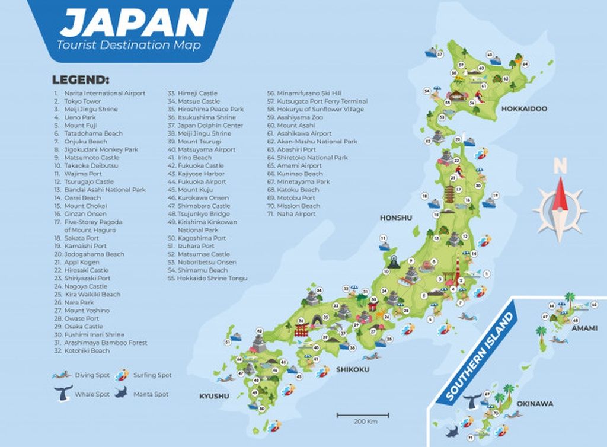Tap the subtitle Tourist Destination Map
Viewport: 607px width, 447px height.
coord(129,45)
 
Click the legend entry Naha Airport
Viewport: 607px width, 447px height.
coord(296,214)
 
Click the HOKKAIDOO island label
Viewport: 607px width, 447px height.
coord(524,109)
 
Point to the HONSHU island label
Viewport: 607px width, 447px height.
coord(396,218)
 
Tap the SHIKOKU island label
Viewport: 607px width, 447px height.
coord(353,369)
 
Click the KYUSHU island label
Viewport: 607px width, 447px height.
coord(213,395)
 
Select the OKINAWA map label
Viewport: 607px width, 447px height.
coord(535,404)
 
